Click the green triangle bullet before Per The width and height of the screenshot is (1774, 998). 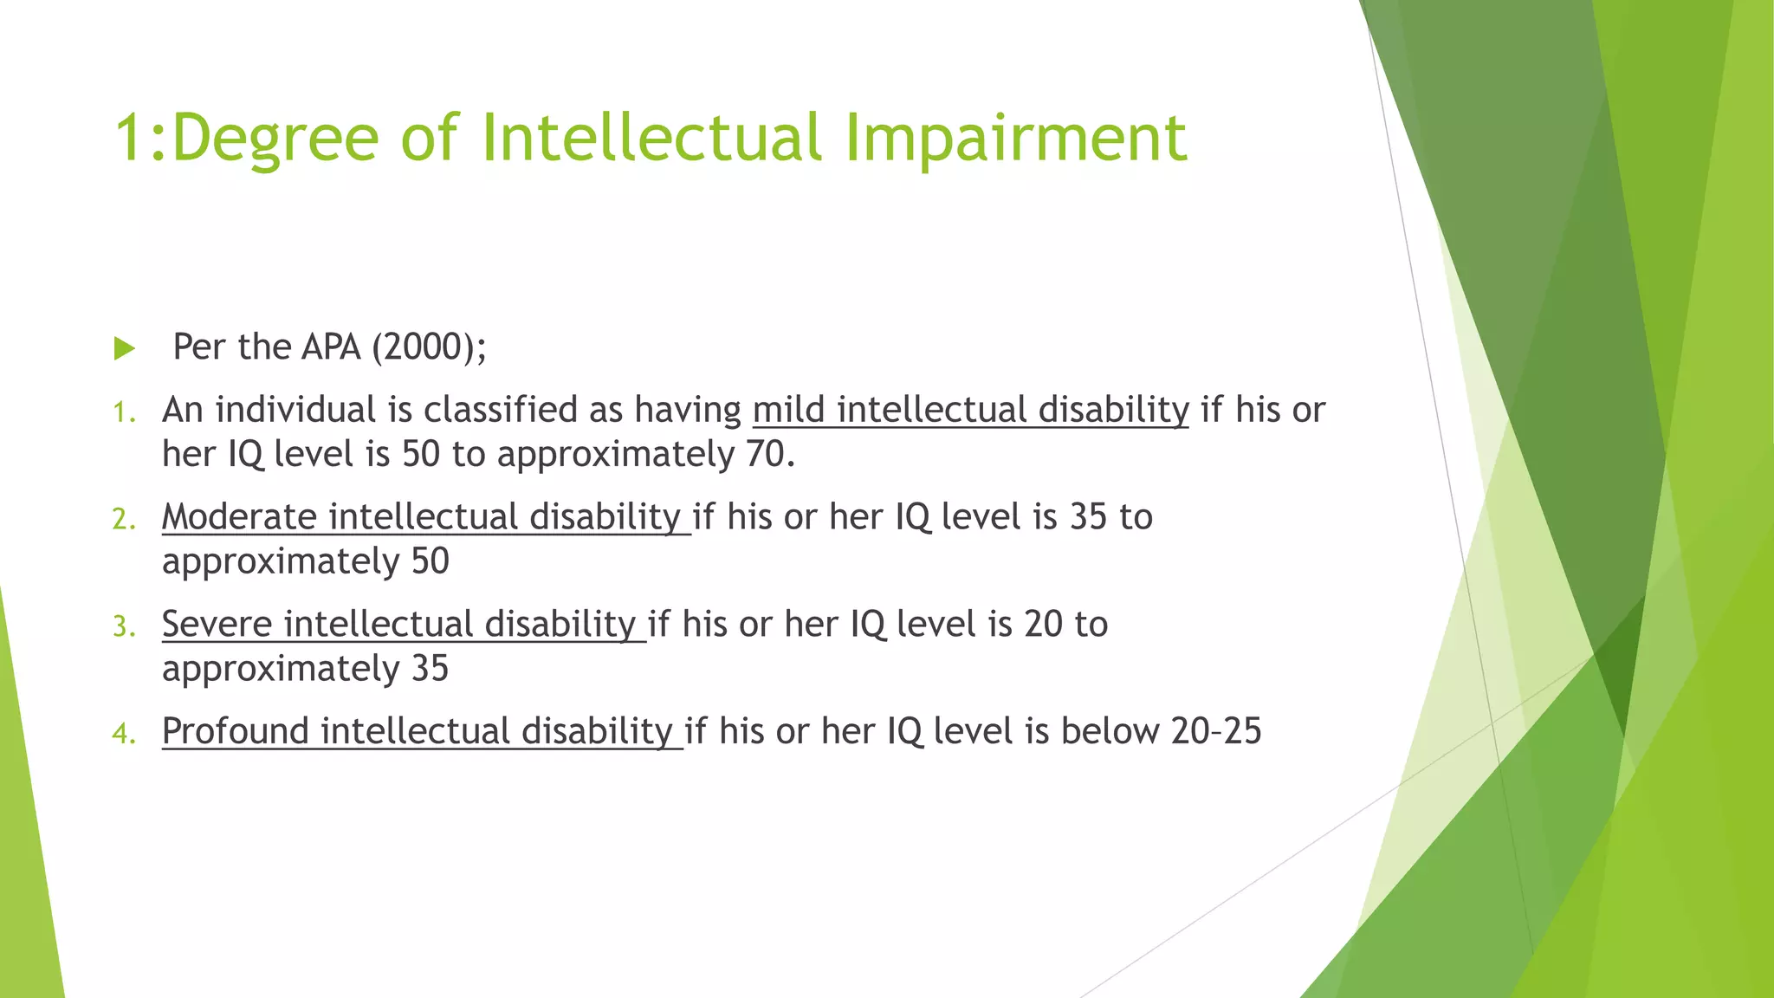pyautogui.click(x=125, y=349)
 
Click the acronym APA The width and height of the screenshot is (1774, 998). pyautogui.click(x=331, y=347)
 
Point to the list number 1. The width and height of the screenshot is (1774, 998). pyautogui.click(x=124, y=412)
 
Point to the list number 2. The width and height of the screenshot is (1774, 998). pyautogui.click(x=124, y=520)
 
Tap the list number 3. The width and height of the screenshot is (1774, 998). pyautogui.click(x=124, y=627)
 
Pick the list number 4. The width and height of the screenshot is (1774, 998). pyautogui.click(x=124, y=735)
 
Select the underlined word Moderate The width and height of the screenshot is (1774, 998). pyautogui.click(x=240, y=517)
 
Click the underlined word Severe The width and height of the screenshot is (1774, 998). pyautogui.click(x=217, y=625)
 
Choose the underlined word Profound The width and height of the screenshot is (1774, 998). pyautogui.click(x=236, y=732)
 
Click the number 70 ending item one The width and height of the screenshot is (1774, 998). pyautogui.click(x=766, y=455)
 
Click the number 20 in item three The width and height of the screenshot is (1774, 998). pyautogui.click(x=1043, y=625)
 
